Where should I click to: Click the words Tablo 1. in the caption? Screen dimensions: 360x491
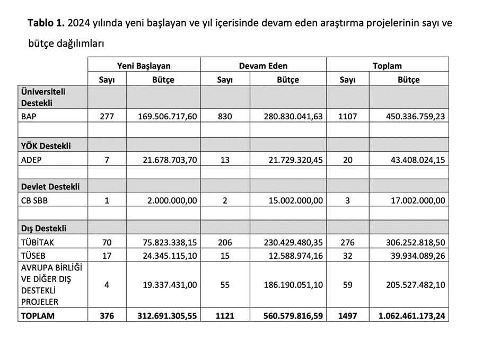click(46, 24)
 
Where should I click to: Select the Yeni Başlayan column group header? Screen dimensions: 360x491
click(144, 66)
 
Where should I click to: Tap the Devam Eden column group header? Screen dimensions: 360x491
click(263, 66)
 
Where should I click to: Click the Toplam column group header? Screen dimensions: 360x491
click(387, 66)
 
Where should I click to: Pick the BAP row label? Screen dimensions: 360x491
click(29, 116)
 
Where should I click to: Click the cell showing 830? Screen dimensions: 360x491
click(225, 116)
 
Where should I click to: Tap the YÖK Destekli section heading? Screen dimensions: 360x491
click(46, 145)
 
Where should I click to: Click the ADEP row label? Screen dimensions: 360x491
click(31, 159)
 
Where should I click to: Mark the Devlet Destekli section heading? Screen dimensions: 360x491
click(50, 187)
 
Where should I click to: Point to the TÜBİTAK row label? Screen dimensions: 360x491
click(37, 242)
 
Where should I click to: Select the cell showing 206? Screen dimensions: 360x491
click(225, 242)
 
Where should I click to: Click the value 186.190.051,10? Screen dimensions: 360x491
click(293, 285)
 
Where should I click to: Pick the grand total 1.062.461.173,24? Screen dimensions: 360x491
click(411, 315)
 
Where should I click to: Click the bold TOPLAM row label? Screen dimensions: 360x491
click(38, 315)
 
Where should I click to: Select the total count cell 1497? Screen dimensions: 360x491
click(347, 315)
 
